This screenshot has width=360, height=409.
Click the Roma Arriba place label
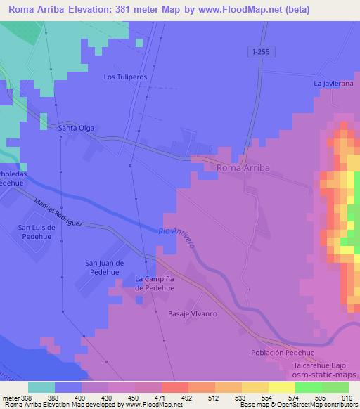pyautogui.click(x=243, y=168)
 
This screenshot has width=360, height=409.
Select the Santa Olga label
pyautogui.click(x=77, y=129)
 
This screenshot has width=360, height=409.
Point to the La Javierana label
pyautogui.click(x=331, y=84)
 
